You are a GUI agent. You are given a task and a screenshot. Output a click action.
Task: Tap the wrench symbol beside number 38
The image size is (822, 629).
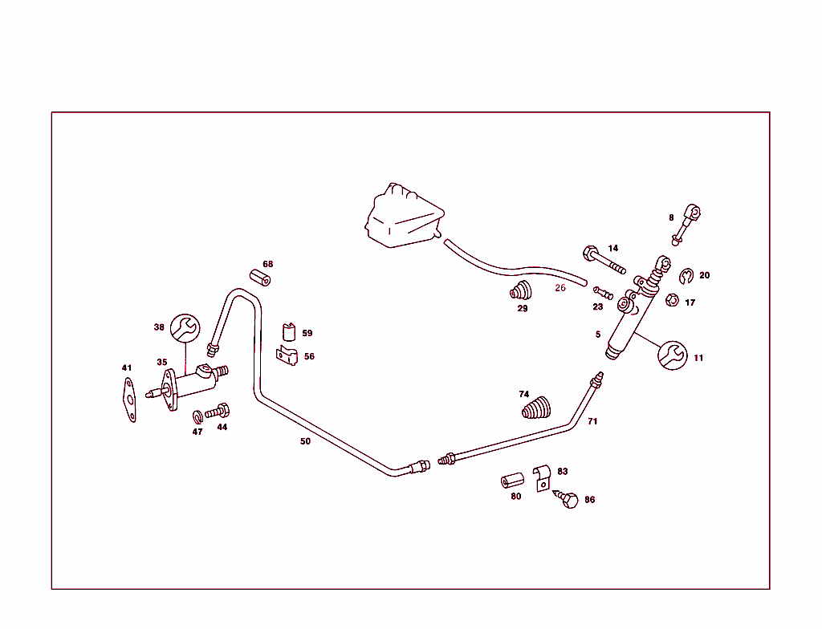coord(186,327)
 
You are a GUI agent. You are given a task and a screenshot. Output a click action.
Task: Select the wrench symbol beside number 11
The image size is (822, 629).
coord(673,355)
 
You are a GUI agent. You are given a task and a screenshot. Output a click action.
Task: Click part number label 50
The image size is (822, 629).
coord(305,441)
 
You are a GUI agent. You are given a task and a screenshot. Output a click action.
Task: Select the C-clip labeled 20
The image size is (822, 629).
coord(687,278)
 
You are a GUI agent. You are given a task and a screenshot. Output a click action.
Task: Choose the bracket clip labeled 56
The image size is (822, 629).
coord(285,355)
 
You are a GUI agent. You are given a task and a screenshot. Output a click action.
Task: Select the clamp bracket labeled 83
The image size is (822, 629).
coord(542,477)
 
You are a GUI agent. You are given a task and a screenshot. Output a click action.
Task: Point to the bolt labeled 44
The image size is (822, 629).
coord(218,412)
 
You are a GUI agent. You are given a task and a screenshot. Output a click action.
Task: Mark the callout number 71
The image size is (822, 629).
coord(592,421)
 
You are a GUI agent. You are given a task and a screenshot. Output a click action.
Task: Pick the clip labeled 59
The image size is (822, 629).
coord(288,331)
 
